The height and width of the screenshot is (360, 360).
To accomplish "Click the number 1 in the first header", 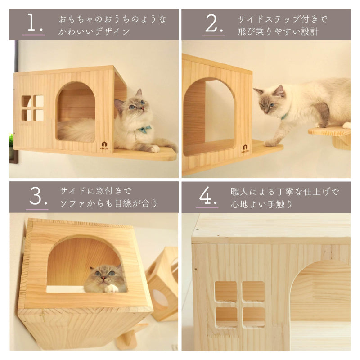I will pos(32,22).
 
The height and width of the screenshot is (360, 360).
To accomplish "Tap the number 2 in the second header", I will pos(213,22).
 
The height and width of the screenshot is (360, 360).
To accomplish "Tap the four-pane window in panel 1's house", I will pos(33,108).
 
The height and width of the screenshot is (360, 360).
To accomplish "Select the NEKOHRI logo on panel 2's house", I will pos(245,148).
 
